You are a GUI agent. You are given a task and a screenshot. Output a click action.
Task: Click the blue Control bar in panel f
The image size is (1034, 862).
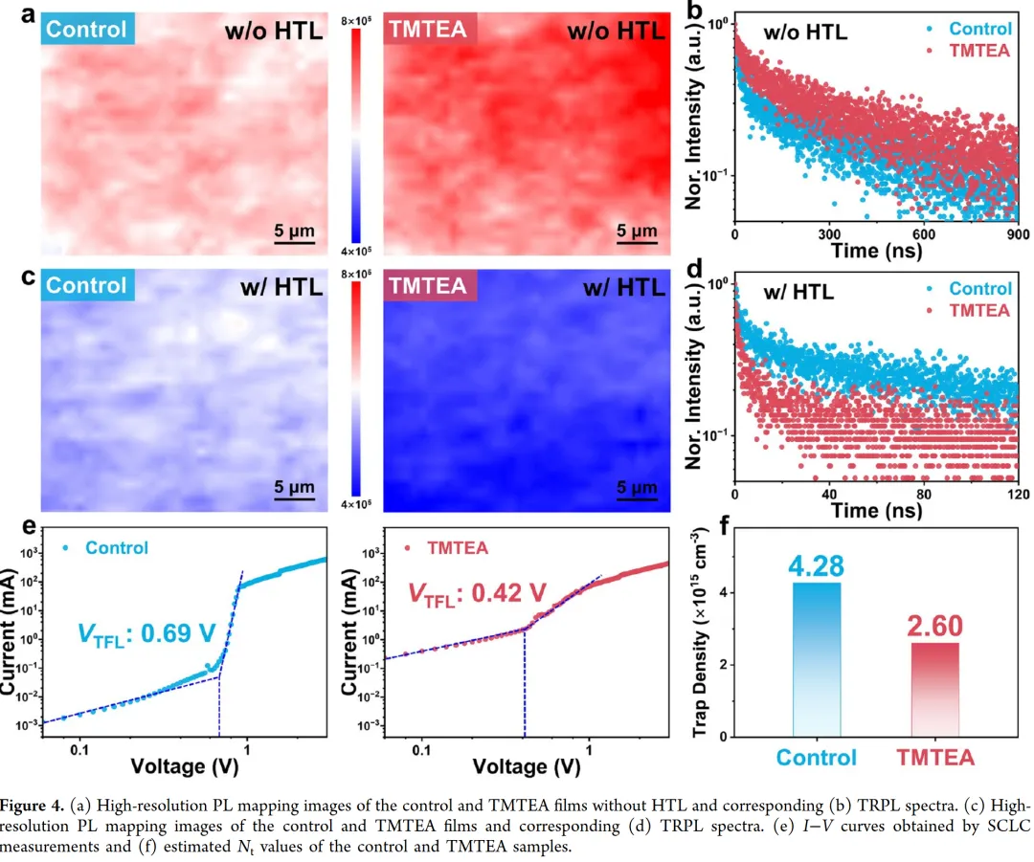pos(816,659)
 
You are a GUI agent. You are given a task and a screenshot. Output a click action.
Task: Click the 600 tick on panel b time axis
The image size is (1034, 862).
pos(923,234)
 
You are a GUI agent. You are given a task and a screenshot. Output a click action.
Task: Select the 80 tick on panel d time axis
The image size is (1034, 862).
pos(923,496)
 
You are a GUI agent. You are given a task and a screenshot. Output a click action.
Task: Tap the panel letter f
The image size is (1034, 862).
pos(712,529)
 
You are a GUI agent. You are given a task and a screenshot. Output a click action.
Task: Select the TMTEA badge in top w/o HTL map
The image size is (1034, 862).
pos(427,30)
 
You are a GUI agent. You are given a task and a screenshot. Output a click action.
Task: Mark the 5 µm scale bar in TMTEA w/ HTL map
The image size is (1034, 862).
pos(637,494)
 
